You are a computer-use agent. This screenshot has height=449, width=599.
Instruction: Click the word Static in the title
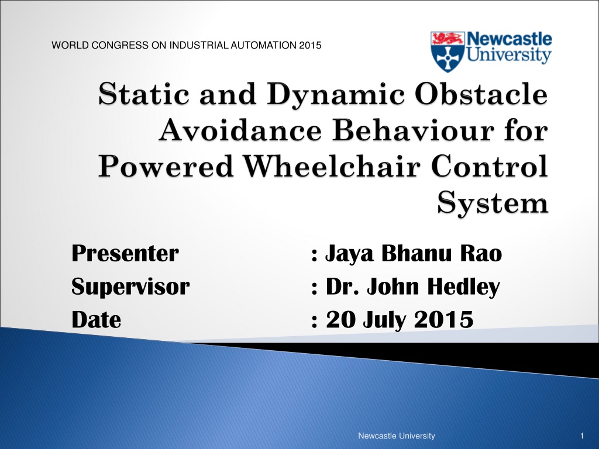coord(144,94)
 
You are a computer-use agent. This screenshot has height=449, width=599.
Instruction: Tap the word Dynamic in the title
coord(335,94)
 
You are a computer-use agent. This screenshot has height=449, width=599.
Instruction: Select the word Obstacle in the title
coord(481,94)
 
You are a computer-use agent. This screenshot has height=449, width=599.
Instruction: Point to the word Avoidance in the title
coord(240,130)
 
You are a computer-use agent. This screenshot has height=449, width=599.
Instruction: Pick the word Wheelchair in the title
coord(332,167)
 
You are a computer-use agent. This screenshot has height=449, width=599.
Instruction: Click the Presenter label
coord(125,253)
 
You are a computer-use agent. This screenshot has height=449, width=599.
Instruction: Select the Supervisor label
coord(130,286)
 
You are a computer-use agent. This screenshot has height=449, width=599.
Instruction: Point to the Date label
coord(97,320)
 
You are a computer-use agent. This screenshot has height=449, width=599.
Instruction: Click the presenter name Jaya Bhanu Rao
coord(414,254)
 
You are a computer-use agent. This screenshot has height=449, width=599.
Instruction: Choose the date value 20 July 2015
coord(400,320)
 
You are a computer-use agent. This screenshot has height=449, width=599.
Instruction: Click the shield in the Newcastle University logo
coord(447,52)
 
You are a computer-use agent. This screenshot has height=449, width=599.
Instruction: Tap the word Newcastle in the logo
coord(510,39)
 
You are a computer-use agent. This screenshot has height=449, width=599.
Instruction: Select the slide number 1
coord(582,436)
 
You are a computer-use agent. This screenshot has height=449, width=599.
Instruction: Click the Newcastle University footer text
coord(397,436)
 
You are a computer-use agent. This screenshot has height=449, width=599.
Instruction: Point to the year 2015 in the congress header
coord(310,45)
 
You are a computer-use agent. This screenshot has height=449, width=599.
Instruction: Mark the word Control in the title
coord(490,167)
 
